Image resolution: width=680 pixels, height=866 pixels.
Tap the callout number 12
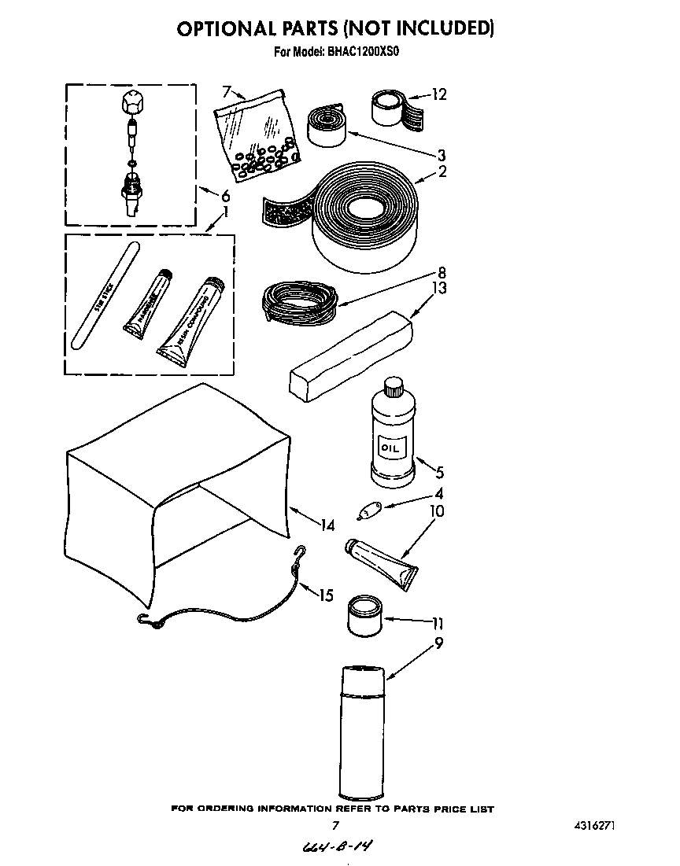click(438, 94)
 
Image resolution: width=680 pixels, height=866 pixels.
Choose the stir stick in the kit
click(104, 295)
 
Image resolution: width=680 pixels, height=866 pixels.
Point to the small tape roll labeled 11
click(364, 614)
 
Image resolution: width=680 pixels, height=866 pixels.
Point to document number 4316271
click(590, 826)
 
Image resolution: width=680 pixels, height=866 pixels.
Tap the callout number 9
click(438, 643)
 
